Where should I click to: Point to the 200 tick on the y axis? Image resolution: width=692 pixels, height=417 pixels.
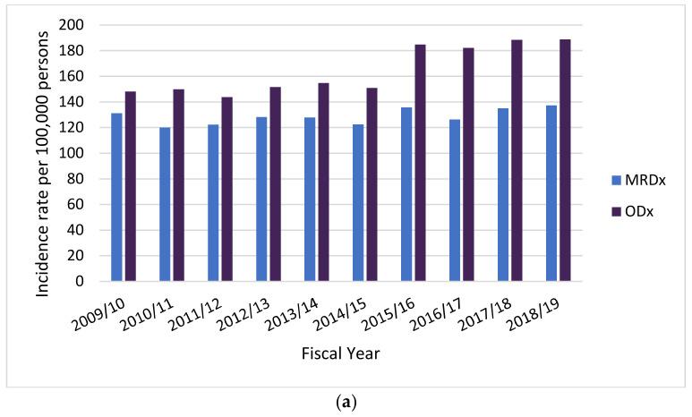83,25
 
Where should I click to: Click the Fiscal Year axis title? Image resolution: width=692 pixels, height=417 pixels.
340,354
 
